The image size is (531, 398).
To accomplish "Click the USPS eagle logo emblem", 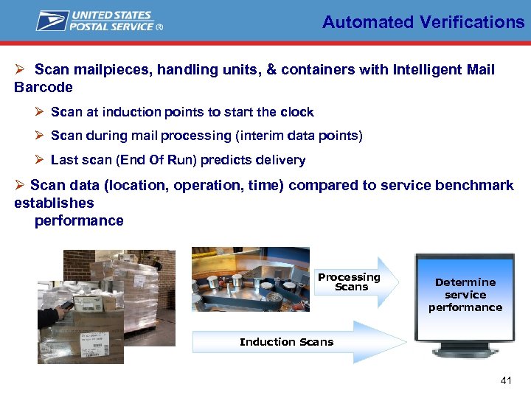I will click(52, 21).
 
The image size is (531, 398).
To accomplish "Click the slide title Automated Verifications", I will click(423, 22).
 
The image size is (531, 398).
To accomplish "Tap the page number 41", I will click(506, 381).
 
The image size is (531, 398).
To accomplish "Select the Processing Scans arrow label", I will click(349, 282).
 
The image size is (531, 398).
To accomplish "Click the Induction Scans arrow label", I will click(286, 342).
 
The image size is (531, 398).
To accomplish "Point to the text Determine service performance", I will click(465, 295).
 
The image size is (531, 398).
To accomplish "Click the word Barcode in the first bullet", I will click(44, 87).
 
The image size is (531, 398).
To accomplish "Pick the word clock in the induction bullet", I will click(296, 112).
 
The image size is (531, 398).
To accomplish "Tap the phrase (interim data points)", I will click(299, 136).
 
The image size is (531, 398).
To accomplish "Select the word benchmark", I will click(477, 185).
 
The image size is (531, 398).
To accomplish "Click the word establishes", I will click(54, 203).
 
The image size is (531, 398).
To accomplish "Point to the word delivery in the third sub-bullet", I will click(281, 160).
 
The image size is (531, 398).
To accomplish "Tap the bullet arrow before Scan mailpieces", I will click(21, 70).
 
